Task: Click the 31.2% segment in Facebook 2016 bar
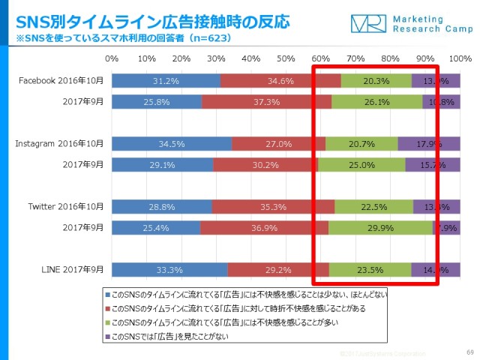point(166,82)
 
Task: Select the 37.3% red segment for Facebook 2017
point(266,101)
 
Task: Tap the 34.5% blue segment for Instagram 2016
point(172,143)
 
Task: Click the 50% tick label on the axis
point(286,58)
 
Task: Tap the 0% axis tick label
point(112,58)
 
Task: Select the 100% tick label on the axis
point(458,58)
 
